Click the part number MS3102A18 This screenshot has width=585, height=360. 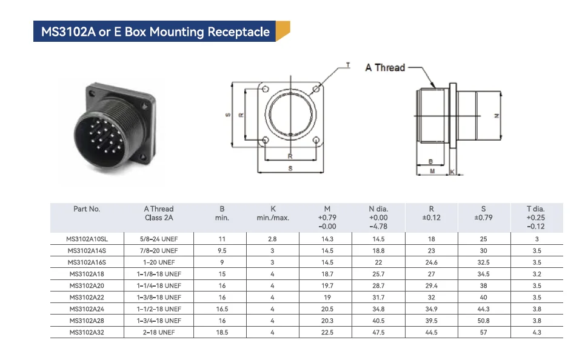coord(87,274)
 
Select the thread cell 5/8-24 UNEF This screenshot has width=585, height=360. coord(159,239)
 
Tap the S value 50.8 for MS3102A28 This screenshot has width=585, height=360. coord(483,321)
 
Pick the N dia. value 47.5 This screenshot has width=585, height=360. coord(378,332)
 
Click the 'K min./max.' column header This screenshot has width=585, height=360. coord(273,213)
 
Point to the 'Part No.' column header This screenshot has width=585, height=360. coord(87,209)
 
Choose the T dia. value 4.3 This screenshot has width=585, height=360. coord(536,332)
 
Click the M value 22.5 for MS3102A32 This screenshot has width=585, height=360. coord(327,332)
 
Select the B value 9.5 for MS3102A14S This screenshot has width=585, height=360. coord(222,250)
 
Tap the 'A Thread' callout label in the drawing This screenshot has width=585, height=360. coord(385,67)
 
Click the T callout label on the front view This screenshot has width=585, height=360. coord(347,64)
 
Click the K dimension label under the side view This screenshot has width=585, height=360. coord(453,172)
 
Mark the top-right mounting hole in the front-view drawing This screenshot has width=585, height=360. coord(316,89)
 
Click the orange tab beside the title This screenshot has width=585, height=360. coord(282,32)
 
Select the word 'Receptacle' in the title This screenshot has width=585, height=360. coord(239,32)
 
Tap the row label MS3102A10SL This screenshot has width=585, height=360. coord(87,239)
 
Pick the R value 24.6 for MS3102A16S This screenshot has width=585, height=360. coord(431,262)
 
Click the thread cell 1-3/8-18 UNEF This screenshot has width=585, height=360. coord(159,297)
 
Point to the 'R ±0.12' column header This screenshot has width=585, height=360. coord(431,213)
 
